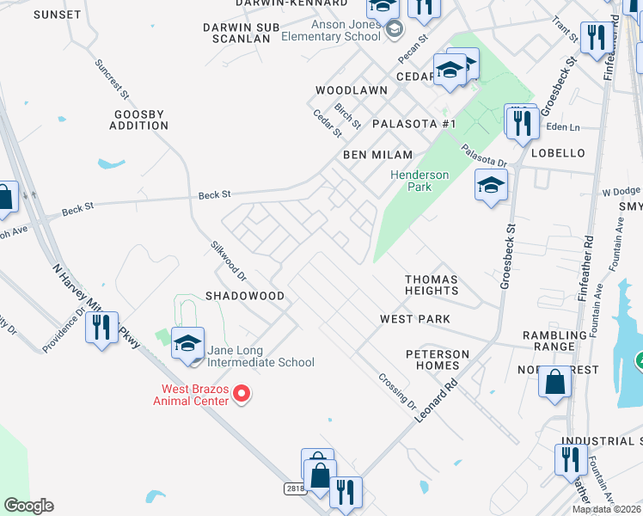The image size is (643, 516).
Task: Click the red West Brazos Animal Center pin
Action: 242,395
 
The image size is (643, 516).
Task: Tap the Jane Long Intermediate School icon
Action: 187,345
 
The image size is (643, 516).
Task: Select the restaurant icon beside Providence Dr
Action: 101,328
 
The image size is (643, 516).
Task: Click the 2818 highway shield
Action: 295,488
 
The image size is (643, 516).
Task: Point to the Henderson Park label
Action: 419,181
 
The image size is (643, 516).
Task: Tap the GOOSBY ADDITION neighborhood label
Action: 139,120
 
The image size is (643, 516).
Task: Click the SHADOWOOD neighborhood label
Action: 244,295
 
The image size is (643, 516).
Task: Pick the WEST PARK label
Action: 415,319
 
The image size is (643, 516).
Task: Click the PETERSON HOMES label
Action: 438,359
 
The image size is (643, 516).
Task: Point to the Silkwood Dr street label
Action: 228,260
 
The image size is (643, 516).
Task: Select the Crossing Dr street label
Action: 396,391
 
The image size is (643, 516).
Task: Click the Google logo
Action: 28,506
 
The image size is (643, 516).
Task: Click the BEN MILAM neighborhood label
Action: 377,155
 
